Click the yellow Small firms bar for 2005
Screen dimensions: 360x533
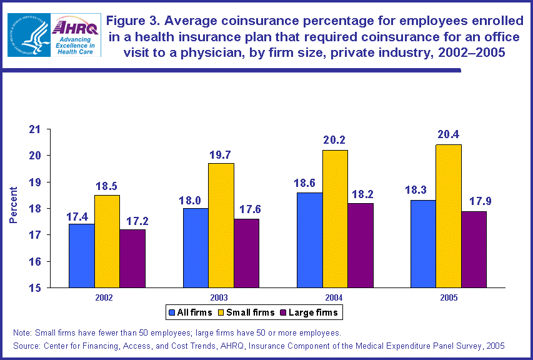coord(449,216)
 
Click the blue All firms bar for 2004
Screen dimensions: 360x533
coord(309,240)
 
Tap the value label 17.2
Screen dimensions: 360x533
coord(132,221)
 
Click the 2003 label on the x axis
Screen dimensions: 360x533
coord(219,297)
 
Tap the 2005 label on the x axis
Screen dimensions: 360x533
coord(447,297)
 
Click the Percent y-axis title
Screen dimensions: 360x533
coord(13,208)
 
